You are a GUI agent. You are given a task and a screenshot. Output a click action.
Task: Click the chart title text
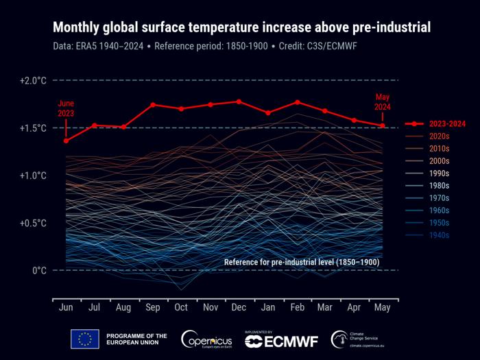[x=241, y=27]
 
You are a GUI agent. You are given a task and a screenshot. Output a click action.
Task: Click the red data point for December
[x=239, y=101]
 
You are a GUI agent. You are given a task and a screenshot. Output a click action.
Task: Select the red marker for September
[x=152, y=105]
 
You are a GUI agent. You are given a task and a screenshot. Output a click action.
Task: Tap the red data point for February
[x=297, y=102]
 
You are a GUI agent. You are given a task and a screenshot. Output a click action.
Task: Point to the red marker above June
[x=66, y=141]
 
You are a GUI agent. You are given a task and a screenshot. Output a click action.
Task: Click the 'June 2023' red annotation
[x=66, y=108]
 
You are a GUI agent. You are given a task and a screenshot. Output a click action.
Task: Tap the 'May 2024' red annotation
[x=382, y=101]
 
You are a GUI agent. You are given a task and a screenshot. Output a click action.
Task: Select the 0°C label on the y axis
[x=39, y=270]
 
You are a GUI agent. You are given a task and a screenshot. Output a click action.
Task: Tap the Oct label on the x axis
[x=181, y=308]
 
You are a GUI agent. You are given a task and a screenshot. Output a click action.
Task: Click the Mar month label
[x=325, y=308]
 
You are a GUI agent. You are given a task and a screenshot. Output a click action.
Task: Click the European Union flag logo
[x=85, y=339]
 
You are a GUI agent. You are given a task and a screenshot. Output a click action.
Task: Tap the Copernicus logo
[x=208, y=339]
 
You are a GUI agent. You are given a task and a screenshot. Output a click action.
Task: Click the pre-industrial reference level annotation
[x=302, y=263]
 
